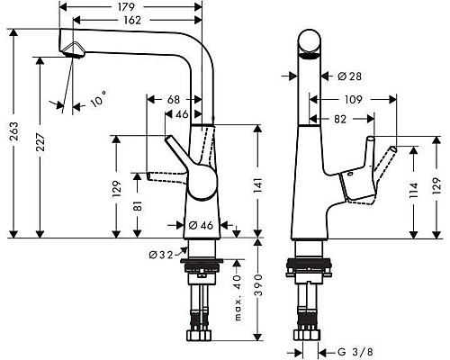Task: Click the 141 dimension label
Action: pos(256,184)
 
